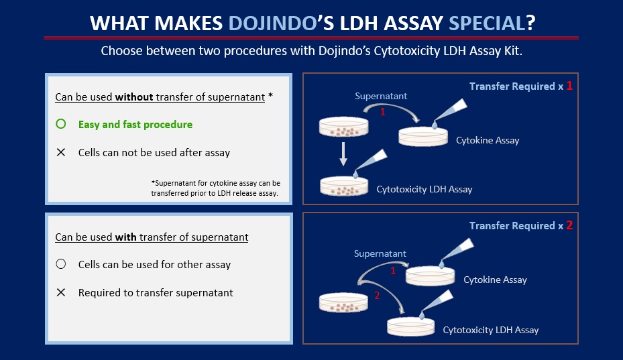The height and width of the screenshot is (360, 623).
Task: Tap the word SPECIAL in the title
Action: click(x=487, y=23)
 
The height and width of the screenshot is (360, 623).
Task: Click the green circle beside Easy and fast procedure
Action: click(x=61, y=124)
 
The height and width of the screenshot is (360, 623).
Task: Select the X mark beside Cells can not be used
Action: click(x=61, y=152)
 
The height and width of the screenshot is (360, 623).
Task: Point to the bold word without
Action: click(x=134, y=97)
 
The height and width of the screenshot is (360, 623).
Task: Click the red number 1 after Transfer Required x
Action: click(x=569, y=85)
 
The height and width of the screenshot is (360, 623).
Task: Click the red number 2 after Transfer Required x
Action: click(x=569, y=225)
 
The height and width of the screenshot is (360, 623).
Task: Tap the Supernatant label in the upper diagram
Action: click(x=381, y=96)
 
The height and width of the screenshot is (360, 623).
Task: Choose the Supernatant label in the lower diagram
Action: click(x=380, y=253)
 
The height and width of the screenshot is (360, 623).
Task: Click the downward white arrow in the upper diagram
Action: click(x=343, y=154)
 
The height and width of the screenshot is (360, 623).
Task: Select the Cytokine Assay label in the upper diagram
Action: click(x=488, y=140)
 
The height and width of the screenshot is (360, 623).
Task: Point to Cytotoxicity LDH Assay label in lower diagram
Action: click(x=491, y=330)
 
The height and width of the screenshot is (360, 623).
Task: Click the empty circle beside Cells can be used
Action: click(x=61, y=264)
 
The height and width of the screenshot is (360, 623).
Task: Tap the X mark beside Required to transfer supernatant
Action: click(x=61, y=292)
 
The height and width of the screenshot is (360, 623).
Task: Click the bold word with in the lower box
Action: click(x=126, y=237)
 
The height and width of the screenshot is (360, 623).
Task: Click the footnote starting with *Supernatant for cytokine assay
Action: click(x=215, y=188)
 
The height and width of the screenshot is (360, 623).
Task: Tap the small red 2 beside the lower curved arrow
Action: click(x=377, y=295)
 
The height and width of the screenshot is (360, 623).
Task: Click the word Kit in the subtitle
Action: click(x=514, y=51)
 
